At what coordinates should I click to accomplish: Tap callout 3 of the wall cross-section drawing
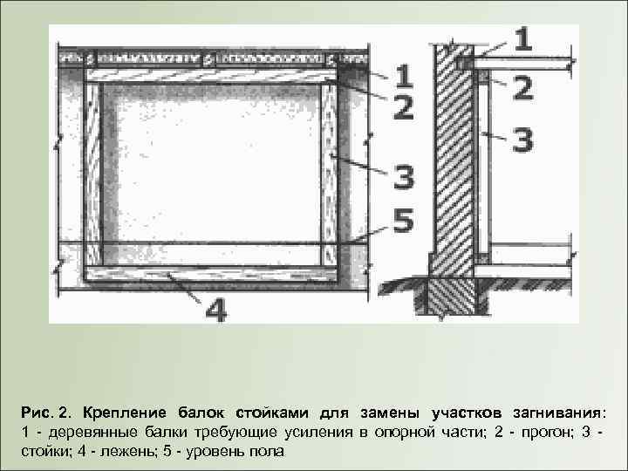(522, 140)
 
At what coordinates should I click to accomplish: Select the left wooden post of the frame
(92, 174)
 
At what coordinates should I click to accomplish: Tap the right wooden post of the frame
(328, 174)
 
